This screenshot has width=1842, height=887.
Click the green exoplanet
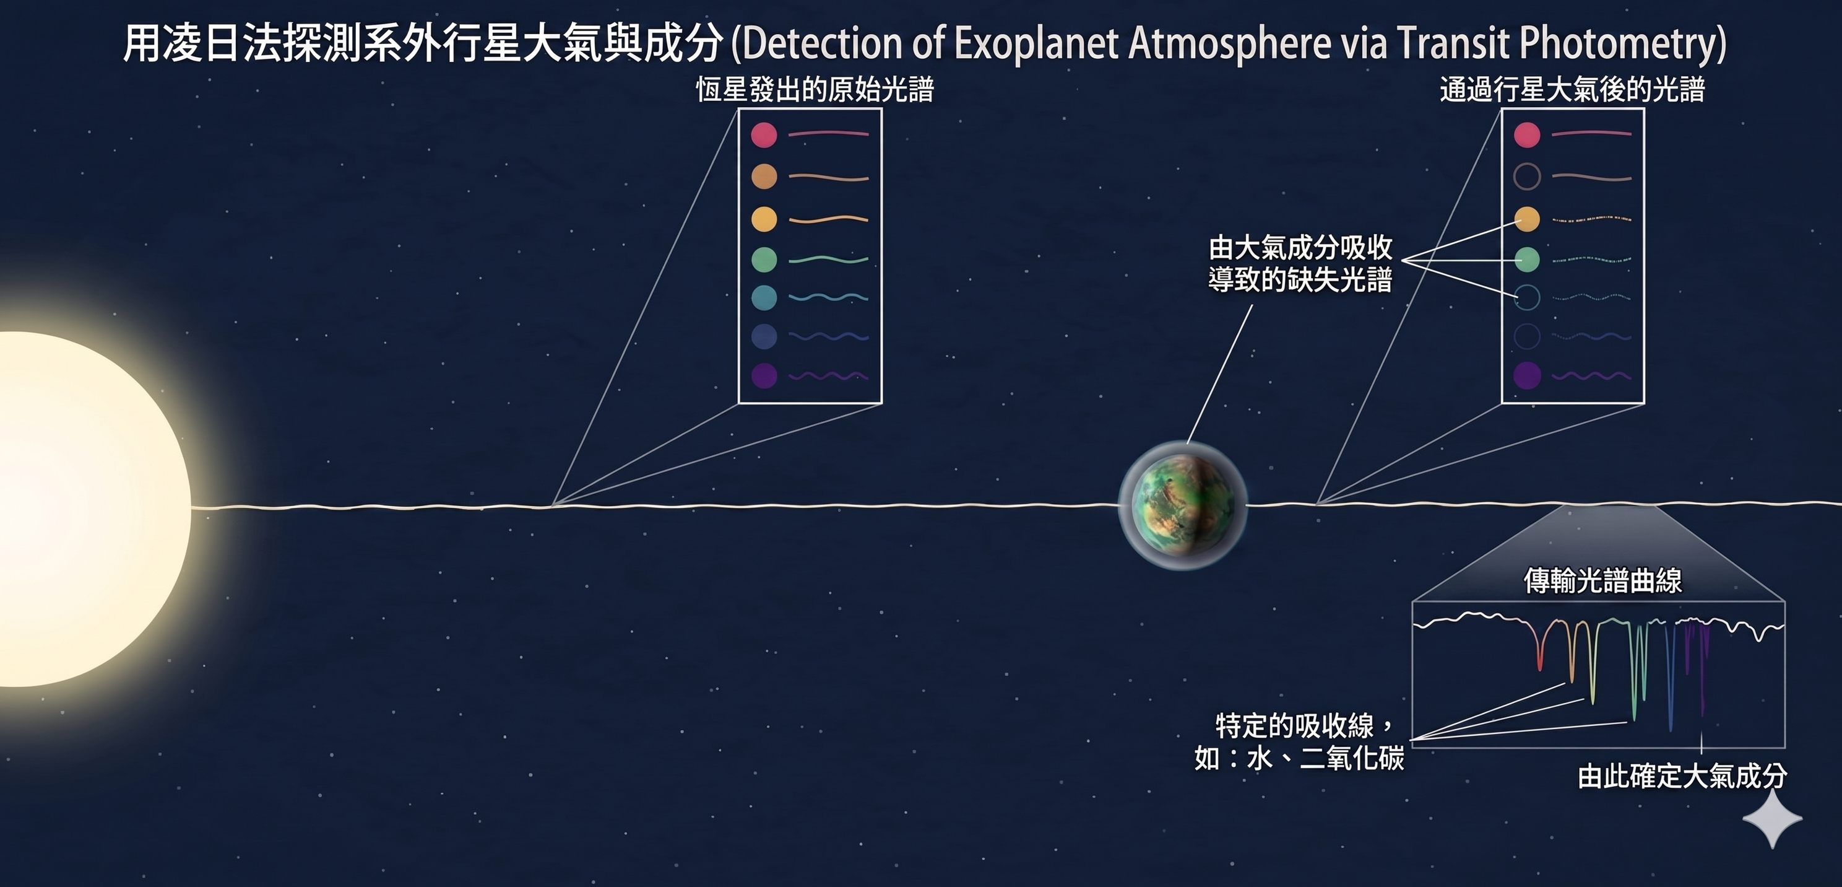1183,505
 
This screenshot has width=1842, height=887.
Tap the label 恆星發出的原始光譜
815,90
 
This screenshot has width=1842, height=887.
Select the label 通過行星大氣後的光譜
1572,90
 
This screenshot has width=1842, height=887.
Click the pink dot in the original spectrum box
764,134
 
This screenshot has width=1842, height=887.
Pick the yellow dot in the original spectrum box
764,218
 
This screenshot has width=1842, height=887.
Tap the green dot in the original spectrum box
764,259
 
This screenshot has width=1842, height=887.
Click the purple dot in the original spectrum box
764,375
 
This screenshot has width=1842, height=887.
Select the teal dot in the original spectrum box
764,297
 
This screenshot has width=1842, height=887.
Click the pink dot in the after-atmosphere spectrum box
1527,134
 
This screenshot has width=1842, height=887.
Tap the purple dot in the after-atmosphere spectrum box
1527,375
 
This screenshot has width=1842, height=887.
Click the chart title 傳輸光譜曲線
1602,580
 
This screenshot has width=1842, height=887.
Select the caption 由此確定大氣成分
1682,776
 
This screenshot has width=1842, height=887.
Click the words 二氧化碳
1351,758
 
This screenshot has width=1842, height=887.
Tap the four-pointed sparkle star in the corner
1773,818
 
